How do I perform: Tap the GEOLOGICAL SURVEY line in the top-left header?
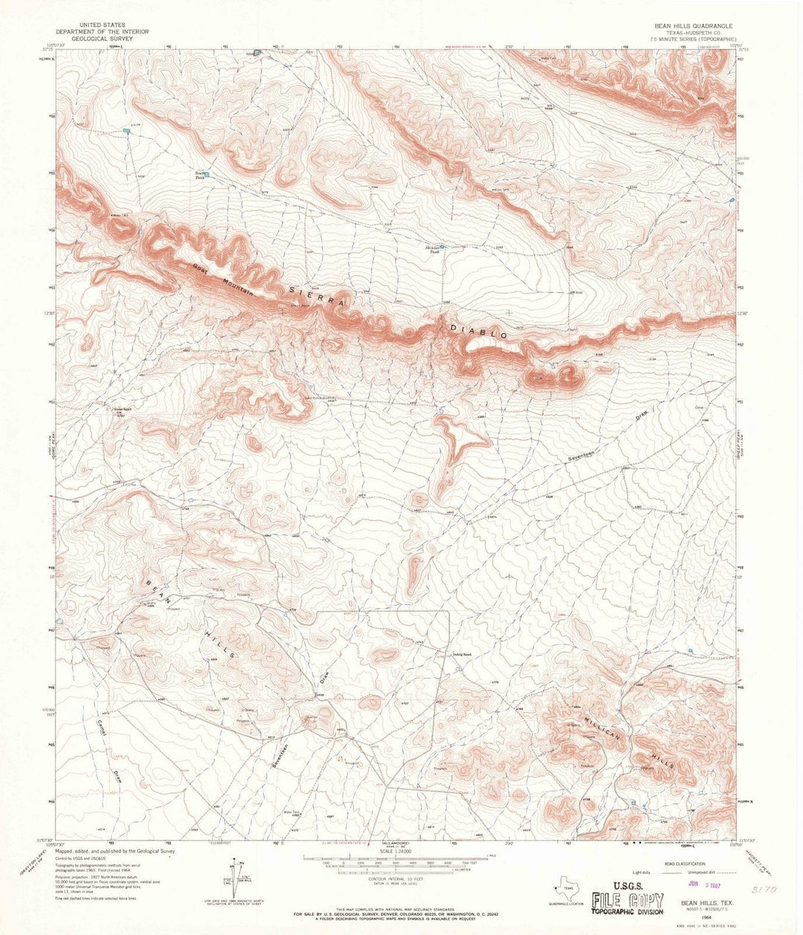pyautogui.click(x=103, y=39)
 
